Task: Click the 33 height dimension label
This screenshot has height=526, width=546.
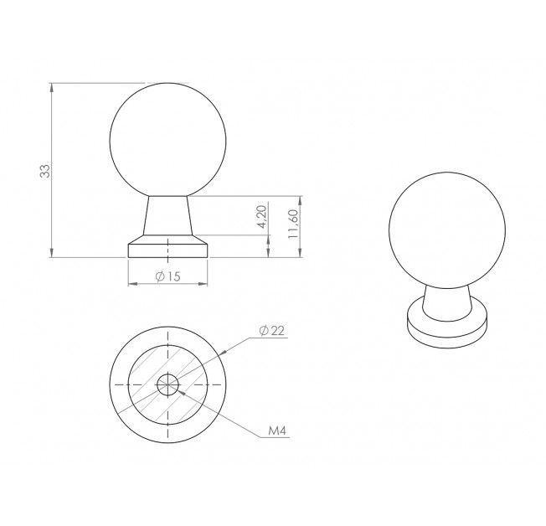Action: coord(45,171)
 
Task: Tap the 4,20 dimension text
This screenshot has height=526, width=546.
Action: coord(262,217)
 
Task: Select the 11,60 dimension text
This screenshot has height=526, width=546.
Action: coord(293,224)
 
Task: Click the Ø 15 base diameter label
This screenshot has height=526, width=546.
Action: coord(167,276)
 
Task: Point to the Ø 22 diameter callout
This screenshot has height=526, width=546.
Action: coord(272,330)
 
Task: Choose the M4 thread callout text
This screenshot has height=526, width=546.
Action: coord(277,431)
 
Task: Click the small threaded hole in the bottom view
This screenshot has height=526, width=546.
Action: coord(167,384)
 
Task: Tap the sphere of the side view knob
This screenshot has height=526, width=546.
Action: coord(167,140)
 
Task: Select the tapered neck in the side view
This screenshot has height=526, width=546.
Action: coord(167,215)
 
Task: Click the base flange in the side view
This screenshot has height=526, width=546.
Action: coord(167,246)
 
